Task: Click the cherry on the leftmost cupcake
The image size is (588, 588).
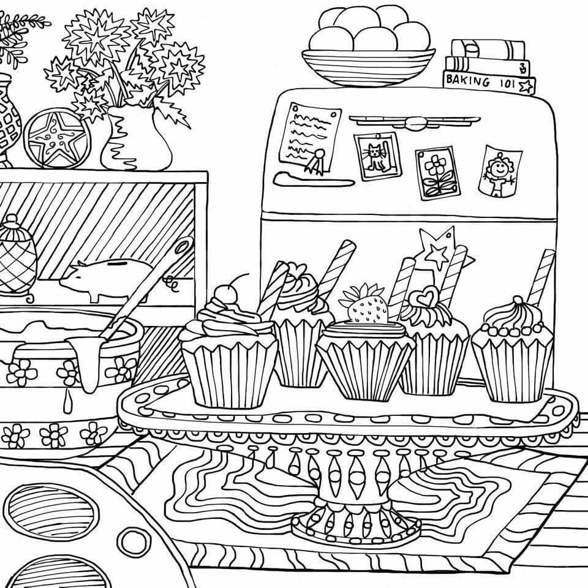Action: point(225,294)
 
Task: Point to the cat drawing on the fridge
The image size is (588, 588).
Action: point(377,155)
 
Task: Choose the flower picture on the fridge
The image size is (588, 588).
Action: point(437,173)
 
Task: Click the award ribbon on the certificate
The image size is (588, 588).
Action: point(317,160)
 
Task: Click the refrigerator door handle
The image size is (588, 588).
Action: point(414,121)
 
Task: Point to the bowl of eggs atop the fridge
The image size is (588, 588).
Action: point(368,46)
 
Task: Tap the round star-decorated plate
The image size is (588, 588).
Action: point(57,138)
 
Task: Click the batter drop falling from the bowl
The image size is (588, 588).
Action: point(67,401)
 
